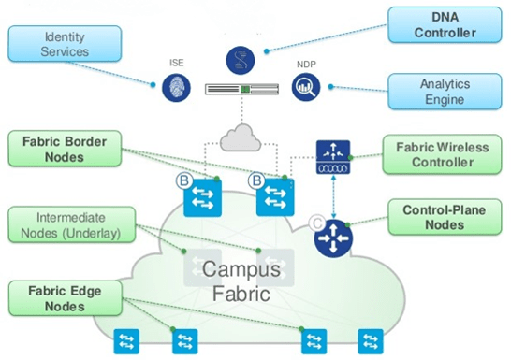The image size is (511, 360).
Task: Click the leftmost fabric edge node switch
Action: pos(125,340)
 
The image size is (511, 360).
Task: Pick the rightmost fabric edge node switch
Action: pos(372,340)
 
